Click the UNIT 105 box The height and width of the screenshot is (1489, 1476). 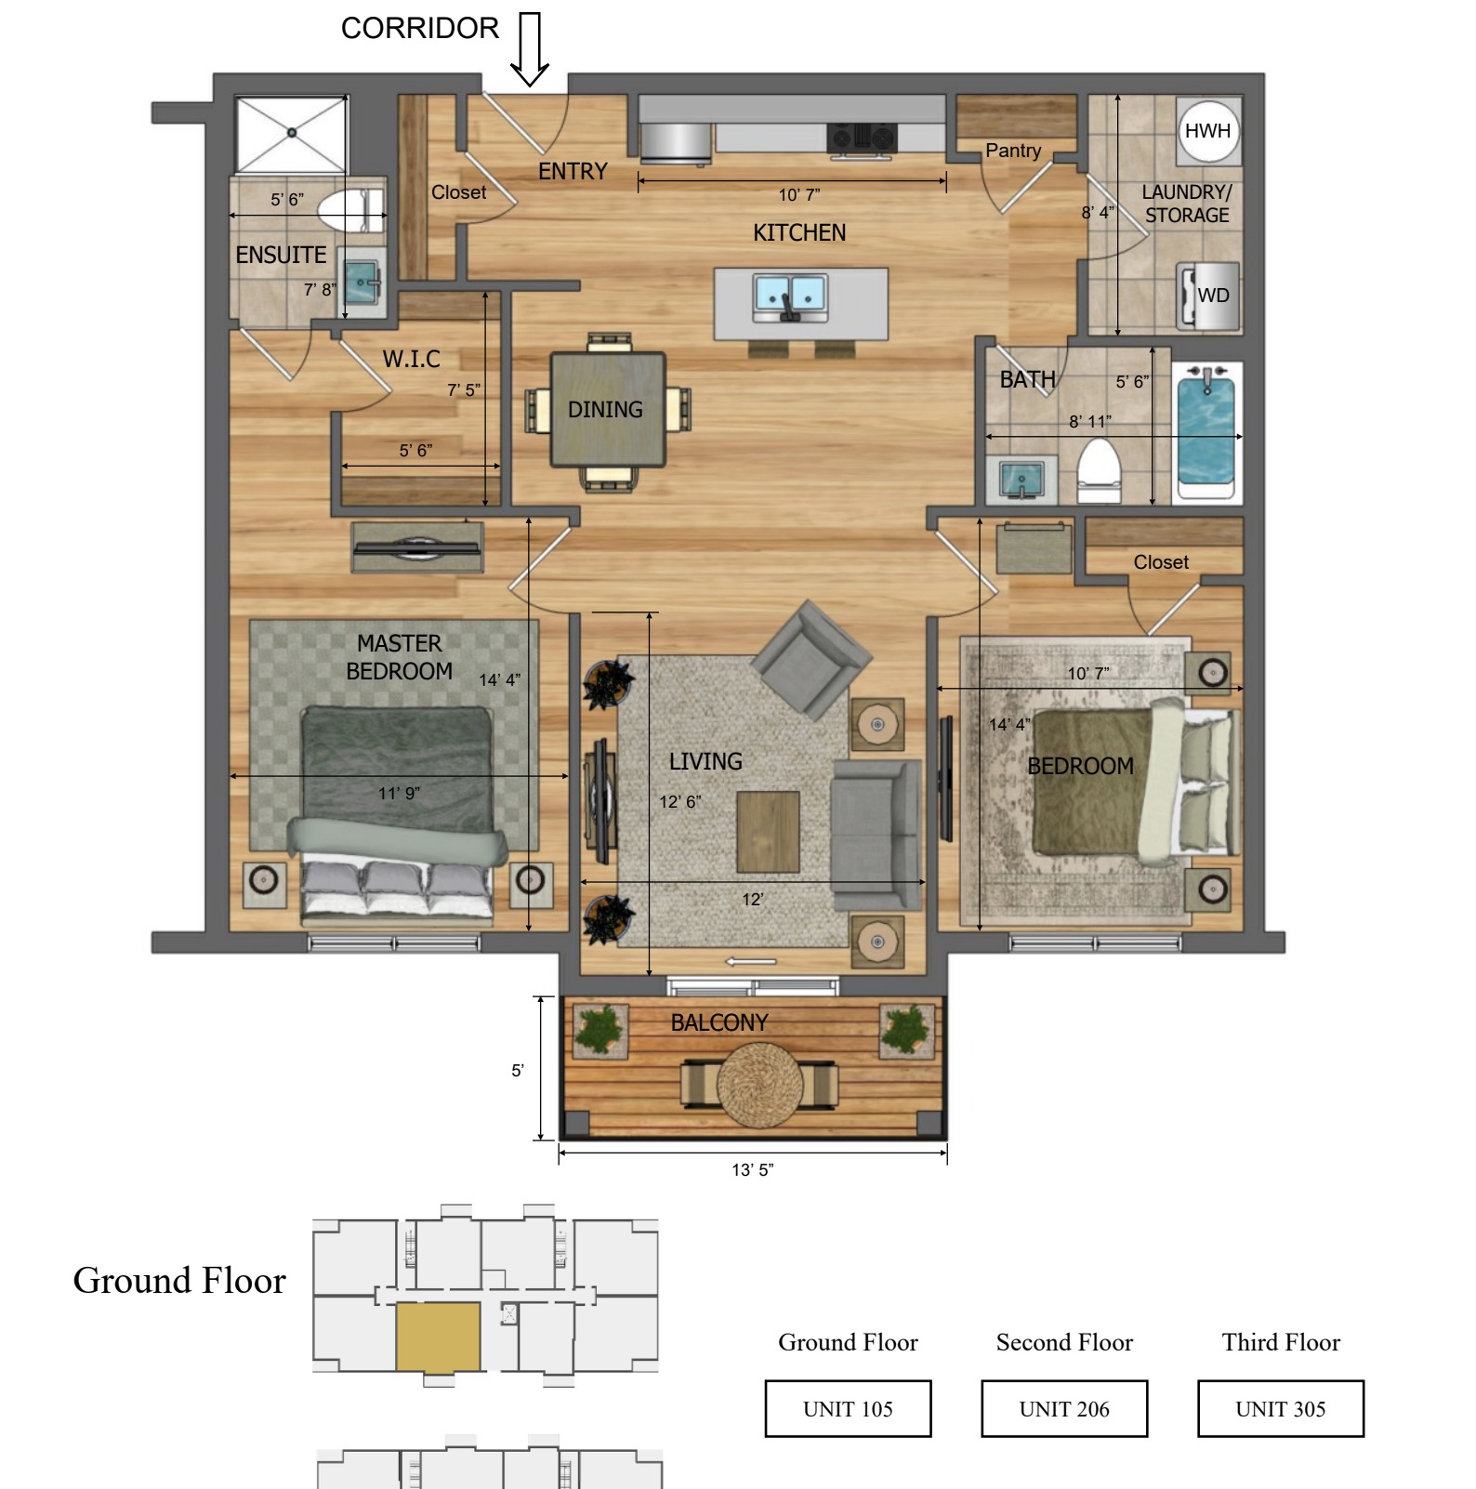click(848, 1408)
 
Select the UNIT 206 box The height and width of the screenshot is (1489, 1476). click(1064, 1408)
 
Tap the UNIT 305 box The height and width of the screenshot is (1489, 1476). click(1281, 1408)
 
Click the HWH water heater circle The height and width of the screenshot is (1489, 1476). click(1207, 131)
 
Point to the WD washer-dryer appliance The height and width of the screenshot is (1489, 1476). click(1208, 296)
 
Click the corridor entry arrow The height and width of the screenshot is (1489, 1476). click(530, 49)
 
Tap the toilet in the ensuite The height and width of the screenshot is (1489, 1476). click(350, 210)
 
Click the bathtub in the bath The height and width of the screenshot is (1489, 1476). click(1206, 431)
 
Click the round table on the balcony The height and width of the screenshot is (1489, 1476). click(759, 1084)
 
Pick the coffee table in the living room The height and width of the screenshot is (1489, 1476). click(768, 831)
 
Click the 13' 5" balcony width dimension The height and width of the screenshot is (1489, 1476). click(753, 1169)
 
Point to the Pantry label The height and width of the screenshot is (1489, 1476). click(1013, 151)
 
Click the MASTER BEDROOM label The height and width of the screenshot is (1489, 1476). click(400, 657)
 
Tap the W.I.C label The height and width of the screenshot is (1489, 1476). click(412, 359)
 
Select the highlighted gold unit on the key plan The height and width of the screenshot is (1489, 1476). click(438, 1337)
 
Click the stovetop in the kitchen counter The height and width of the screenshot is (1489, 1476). click(862, 138)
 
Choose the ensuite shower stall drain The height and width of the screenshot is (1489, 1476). click(292, 133)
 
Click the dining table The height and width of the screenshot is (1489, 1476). click(608, 409)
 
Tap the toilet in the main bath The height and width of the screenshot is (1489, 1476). click(1099, 470)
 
